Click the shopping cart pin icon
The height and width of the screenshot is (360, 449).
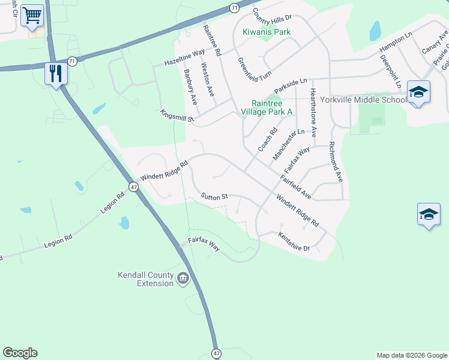click(x=32, y=16)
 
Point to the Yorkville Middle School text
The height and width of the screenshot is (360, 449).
click(x=363, y=100)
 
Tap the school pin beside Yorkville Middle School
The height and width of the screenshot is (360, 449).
click(x=418, y=92)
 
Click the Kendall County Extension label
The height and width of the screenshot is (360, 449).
click(x=145, y=279)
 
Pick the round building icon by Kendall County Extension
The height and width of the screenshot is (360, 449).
click(x=183, y=277)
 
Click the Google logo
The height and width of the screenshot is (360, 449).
click(x=20, y=353)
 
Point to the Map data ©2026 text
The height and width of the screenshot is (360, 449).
click(x=411, y=355)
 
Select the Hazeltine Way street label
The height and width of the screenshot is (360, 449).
click(x=185, y=59)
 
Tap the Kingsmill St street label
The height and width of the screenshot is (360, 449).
click(x=178, y=116)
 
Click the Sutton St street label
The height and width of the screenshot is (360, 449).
click(x=215, y=196)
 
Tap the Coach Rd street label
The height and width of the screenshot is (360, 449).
click(x=267, y=140)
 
